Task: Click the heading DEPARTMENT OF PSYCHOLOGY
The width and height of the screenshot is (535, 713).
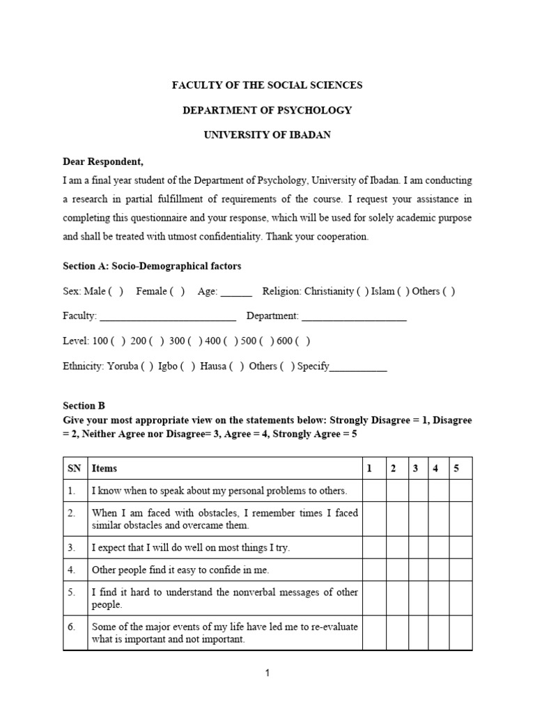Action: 267,110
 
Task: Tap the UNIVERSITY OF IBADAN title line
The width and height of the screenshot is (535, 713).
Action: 267,135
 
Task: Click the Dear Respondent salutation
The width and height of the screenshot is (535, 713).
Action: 103,162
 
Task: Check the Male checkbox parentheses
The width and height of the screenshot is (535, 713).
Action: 116,291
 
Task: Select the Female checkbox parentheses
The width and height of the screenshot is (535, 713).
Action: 178,291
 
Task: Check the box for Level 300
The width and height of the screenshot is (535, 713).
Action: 195,341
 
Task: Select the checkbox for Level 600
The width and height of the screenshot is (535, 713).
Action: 304,341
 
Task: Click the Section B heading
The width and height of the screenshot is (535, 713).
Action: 84,405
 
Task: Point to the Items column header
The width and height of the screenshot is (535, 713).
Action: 104,469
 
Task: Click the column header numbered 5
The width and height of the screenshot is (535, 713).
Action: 456,469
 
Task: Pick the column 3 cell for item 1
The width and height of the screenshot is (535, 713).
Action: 418,491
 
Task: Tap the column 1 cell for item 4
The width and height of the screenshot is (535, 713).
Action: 374,570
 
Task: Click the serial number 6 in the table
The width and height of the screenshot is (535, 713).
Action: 72,627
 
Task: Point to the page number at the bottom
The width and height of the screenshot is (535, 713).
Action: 267,673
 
